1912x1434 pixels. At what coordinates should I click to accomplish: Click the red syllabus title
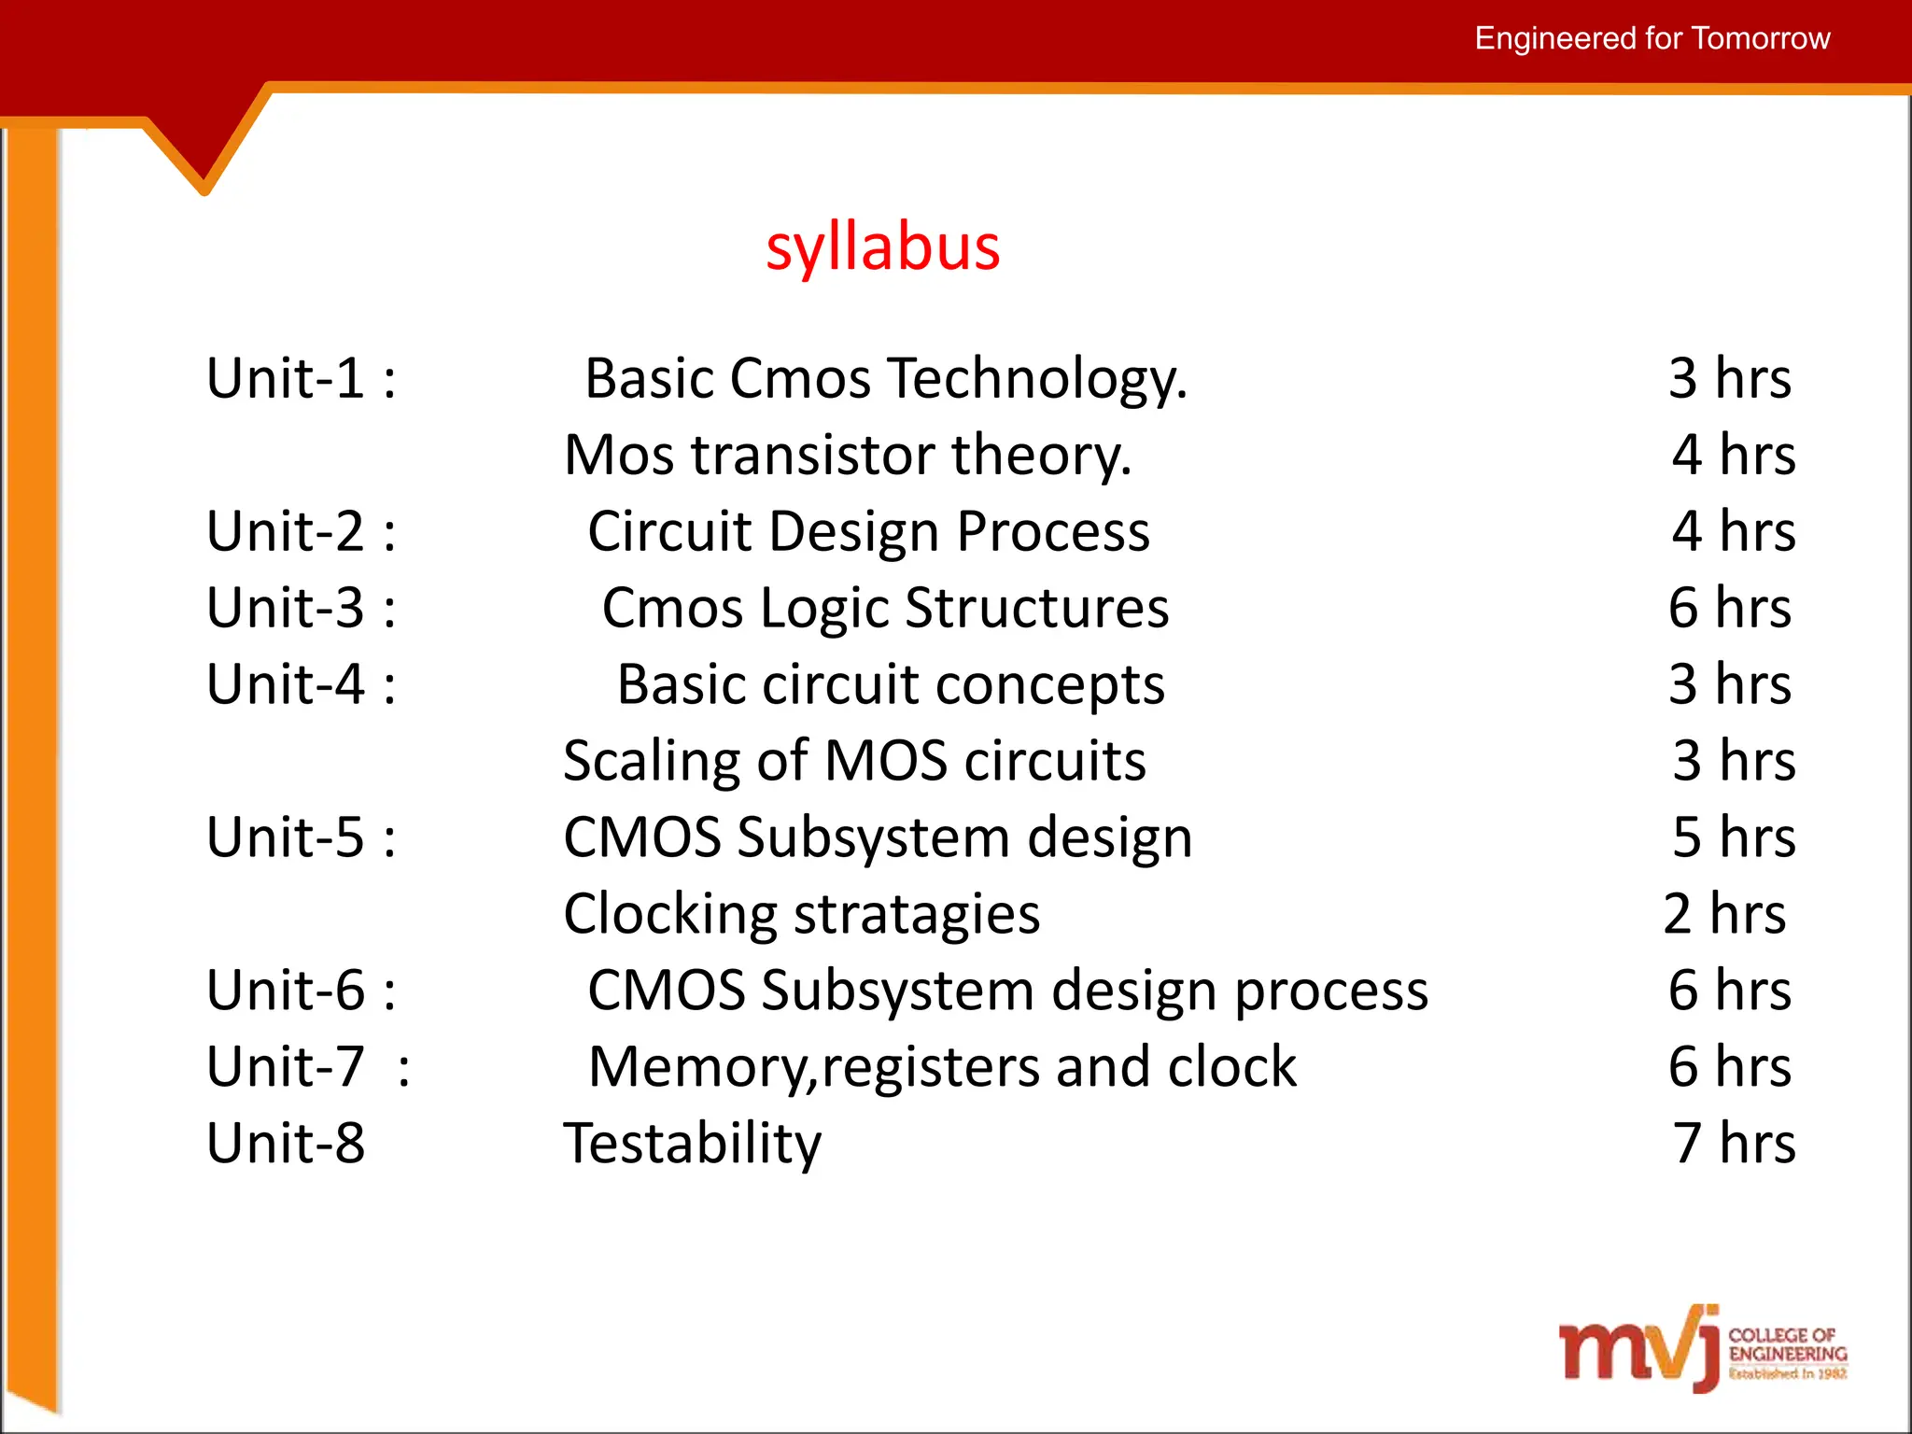(882, 248)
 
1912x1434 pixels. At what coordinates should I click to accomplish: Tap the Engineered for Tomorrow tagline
(1652, 38)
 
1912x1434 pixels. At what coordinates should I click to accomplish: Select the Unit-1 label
(301, 378)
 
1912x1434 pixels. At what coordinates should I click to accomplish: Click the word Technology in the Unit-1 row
(1036, 380)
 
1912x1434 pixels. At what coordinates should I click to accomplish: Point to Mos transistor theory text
(848, 456)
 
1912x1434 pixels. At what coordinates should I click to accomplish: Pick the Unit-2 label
(301, 531)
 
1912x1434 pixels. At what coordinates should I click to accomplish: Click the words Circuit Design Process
(868, 532)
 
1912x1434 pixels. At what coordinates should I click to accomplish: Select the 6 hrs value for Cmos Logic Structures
(1729, 608)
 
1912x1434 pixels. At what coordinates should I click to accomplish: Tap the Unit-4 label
(301, 684)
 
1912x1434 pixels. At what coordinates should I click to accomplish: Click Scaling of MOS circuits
(854, 761)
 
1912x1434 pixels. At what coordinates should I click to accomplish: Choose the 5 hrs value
(1733, 836)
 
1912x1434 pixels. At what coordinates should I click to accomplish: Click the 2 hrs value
(1723, 913)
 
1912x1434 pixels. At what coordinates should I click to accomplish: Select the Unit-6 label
(301, 990)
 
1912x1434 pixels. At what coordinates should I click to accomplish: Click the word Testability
(692, 1144)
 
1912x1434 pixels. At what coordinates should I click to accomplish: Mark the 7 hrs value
(1733, 1143)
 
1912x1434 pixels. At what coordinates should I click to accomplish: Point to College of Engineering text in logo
(1786, 1344)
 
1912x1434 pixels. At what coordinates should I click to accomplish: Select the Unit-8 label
(286, 1143)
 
